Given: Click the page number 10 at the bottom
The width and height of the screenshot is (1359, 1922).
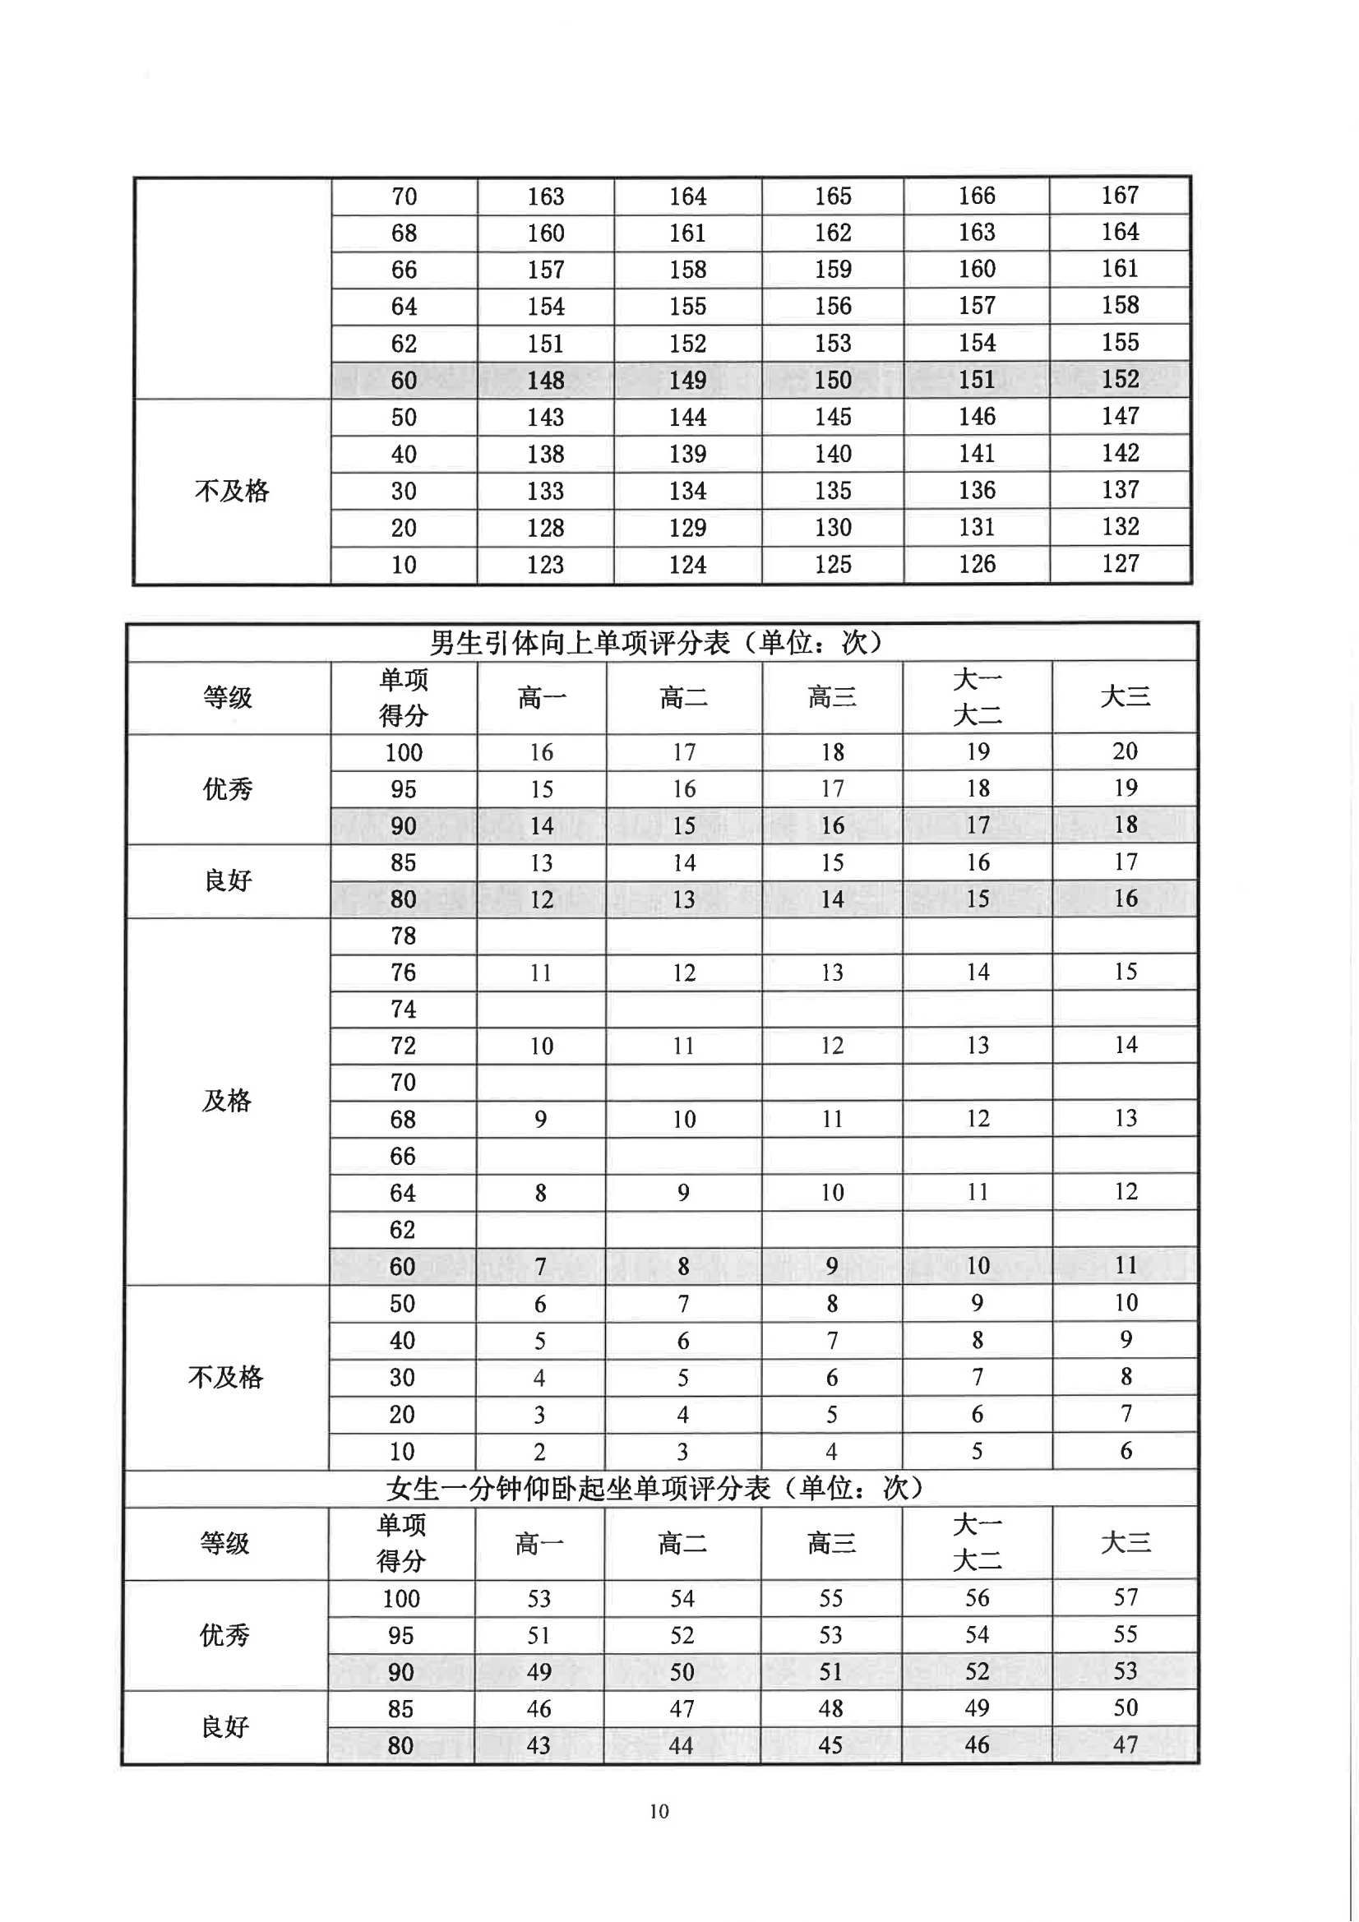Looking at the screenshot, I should [x=659, y=1811].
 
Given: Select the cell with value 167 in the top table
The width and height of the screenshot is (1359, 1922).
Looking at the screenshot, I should [x=1120, y=195].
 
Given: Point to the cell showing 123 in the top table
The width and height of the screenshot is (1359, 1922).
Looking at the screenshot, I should [x=545, y=564].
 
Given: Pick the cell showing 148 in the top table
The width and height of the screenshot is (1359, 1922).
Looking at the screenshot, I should [x=545, y=380].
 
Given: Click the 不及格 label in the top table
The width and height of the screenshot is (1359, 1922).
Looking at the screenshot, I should [x=232, y=491].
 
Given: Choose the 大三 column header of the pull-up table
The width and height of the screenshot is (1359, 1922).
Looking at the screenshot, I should [x=1125, y=696].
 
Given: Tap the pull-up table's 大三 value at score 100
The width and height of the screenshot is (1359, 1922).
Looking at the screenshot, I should [x=1125, y=751].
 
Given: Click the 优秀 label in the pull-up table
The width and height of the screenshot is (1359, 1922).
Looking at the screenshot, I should [x=228, y=788].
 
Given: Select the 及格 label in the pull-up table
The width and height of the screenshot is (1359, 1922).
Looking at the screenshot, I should [x=227, y=1100].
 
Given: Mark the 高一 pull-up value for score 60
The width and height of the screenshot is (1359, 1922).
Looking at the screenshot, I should [x=541, y=1267].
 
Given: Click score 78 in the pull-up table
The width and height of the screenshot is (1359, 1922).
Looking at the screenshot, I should [x=403, y=935].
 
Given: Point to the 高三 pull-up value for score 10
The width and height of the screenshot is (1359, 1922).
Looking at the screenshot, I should [x=831, y=1451].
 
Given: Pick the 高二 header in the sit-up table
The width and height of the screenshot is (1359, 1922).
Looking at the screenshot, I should [x=682, y=1542].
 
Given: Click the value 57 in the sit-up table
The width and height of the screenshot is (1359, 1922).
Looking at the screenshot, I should [x=1126, y=1597].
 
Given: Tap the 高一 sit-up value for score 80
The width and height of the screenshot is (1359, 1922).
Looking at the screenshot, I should [x=539, y=1744].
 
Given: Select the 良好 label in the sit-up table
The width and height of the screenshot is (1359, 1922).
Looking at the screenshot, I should [x=225, y=1726].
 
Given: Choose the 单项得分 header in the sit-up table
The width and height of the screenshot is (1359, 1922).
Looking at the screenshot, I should [x=401, y=1542].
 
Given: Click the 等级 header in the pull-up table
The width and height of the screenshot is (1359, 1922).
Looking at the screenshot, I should [x=228, y=696].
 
